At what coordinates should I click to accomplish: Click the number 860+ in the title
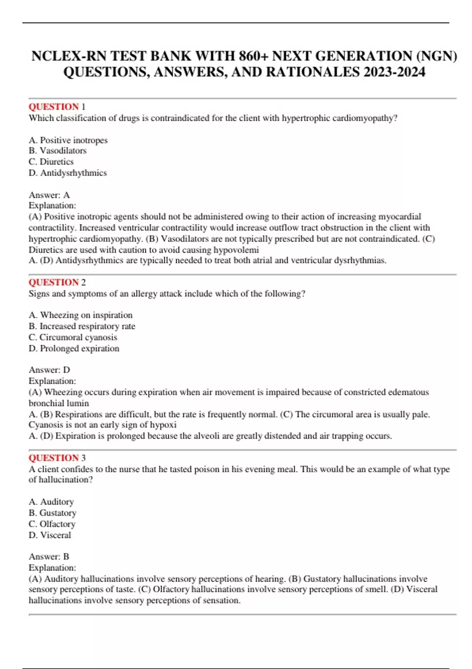pyautogui.click(x=253, y=56)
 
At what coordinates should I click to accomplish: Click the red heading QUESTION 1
pyautogui.click(x=57, y=107)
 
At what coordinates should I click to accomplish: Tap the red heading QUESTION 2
pyautogui.click(x=57, y=282)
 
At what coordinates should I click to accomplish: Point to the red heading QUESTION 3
pyautogui.click(x=57, y=458)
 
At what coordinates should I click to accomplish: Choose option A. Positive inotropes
pyautogui.click(x=68, y=140)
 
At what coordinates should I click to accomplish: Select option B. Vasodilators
pyautogui.click(x=57, y=151)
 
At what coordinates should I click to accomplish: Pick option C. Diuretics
pyautogui.click(x=51, y=162)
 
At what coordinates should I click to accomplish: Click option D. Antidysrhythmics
pyautogui.click(x=68, y=173)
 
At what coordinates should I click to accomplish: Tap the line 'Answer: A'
pyautogui.click(x=49, y=195)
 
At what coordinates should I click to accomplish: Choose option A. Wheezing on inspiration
pyautogui.click(x=81, y=315)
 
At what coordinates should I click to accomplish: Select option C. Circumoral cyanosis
pyautogui.click(x=73, y=337)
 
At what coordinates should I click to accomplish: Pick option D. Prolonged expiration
pyautogui.click(x=74, y=348)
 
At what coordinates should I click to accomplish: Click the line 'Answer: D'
pyautogui.click(x=49, y=370)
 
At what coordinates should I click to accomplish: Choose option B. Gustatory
pyautogui.click(x=53, y=513)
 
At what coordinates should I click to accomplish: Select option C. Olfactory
pyautogui.click(x=52, y=524)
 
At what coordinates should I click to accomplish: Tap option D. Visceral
pyautogui.click(x=50, y=535)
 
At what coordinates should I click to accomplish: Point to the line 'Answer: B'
pyautogui.click(x=49, y=556)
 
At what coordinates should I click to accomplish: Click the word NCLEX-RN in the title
pyautogui.click(x=69, y=56)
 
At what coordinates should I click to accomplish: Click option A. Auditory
pyautogui.click(x=51, y=502)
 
